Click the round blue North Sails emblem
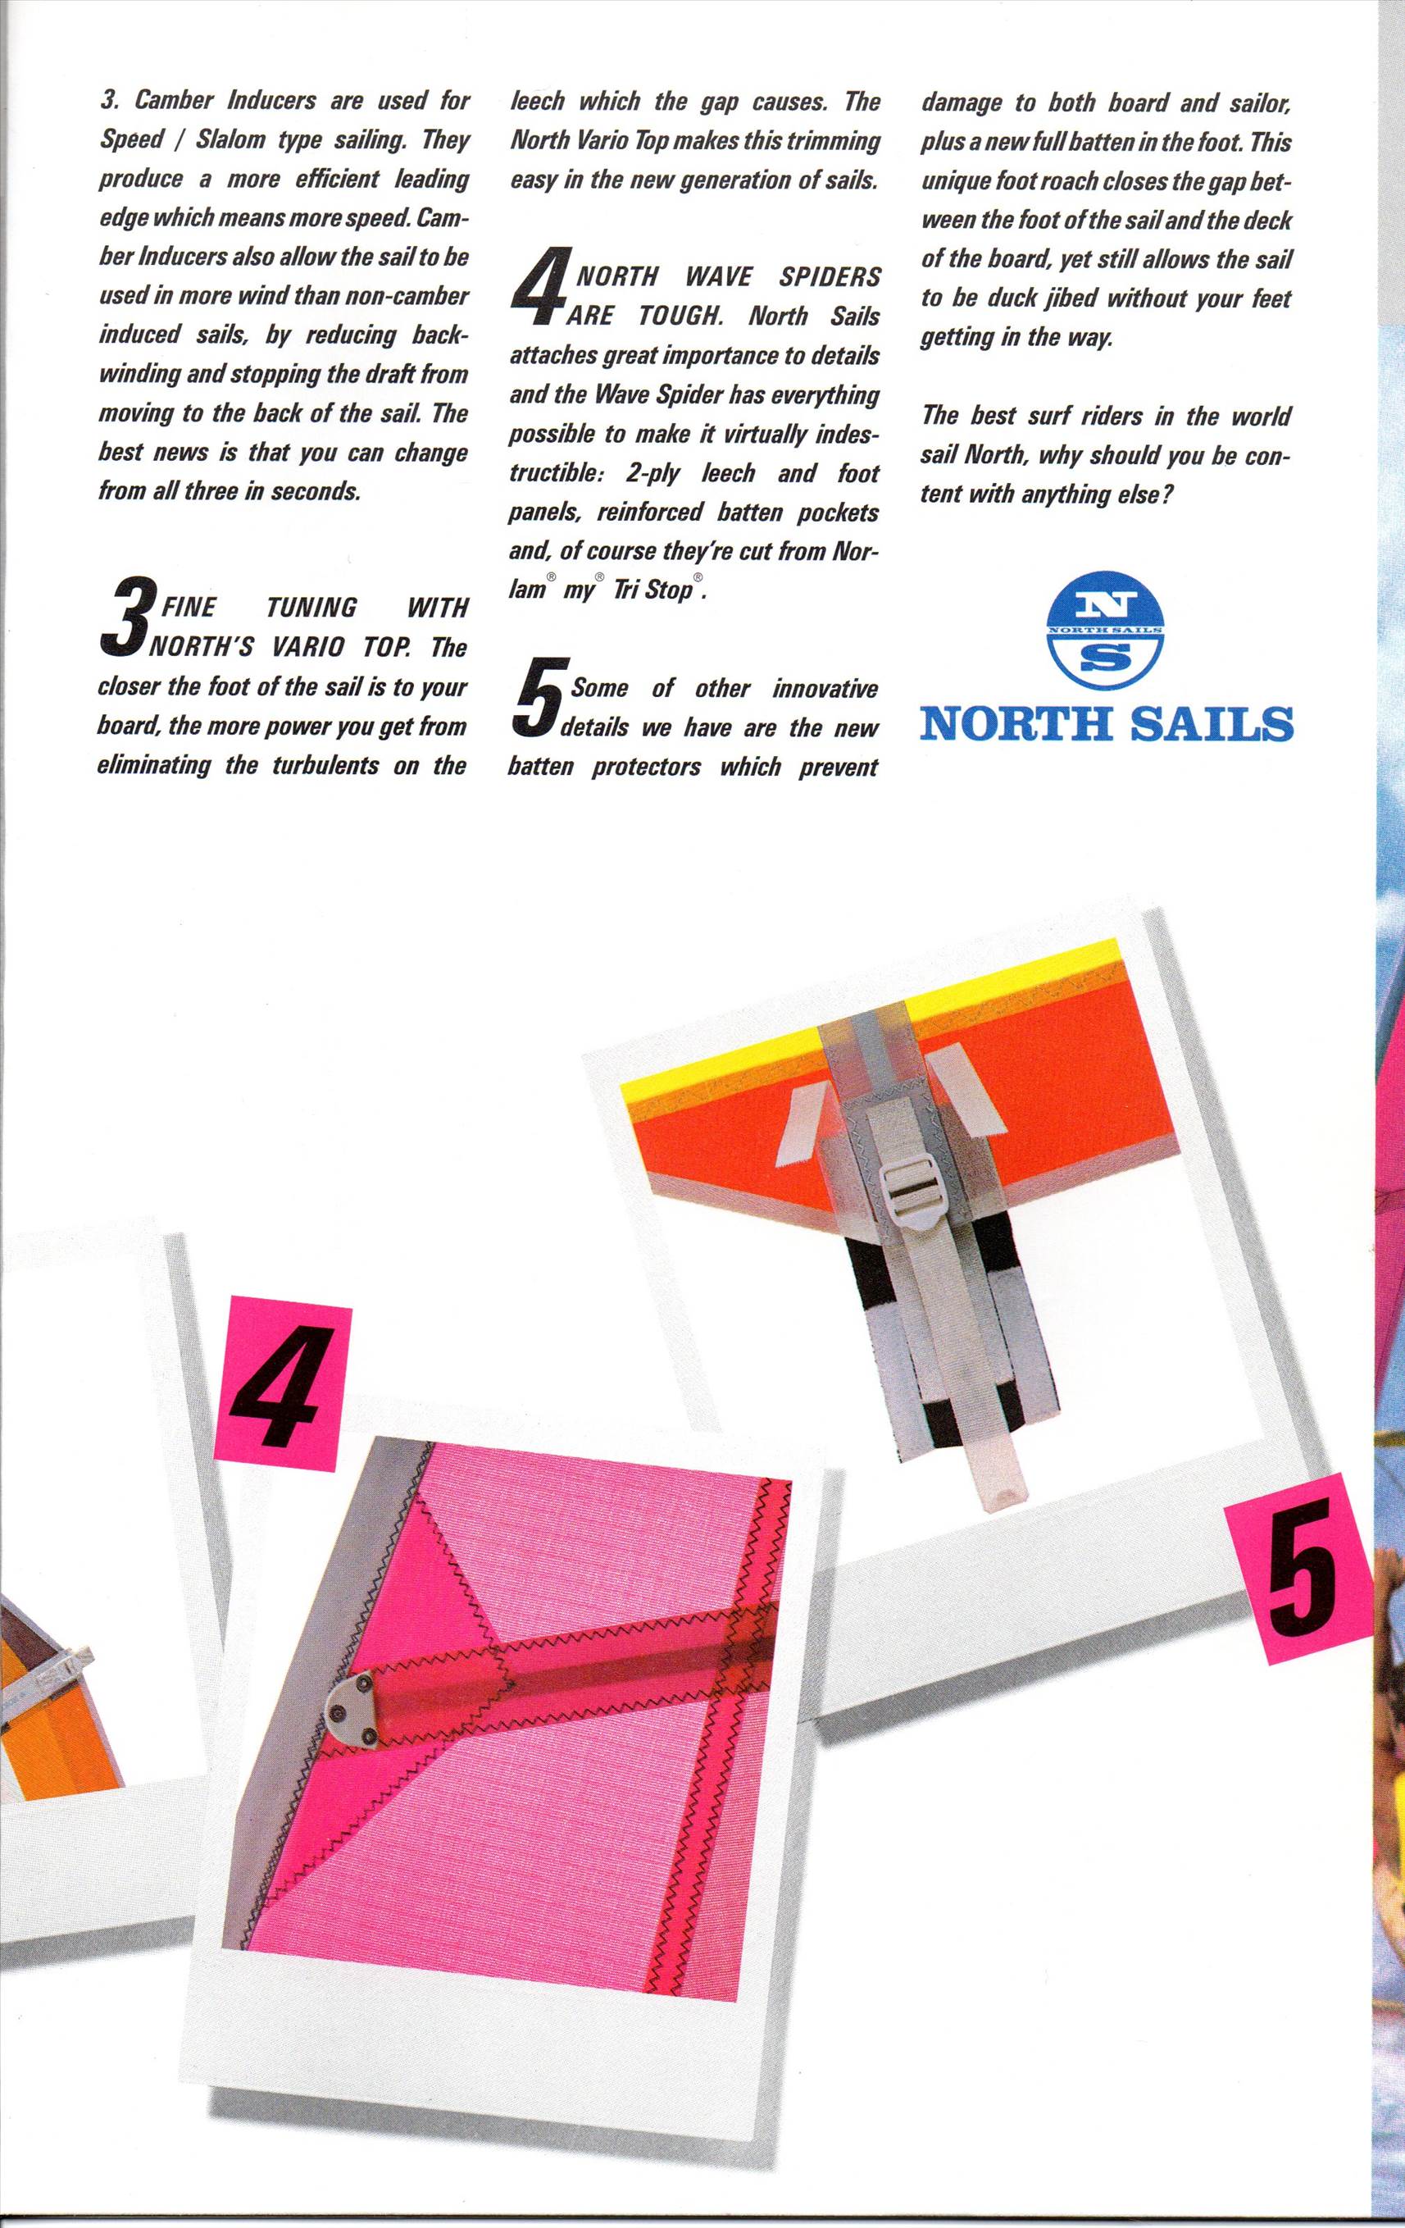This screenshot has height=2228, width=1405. coord(1104,629)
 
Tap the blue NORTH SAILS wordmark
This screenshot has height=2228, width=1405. coord(1107,723)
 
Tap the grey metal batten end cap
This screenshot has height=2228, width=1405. coord(355,1703)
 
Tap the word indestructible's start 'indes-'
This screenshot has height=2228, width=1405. coord(845,434)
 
